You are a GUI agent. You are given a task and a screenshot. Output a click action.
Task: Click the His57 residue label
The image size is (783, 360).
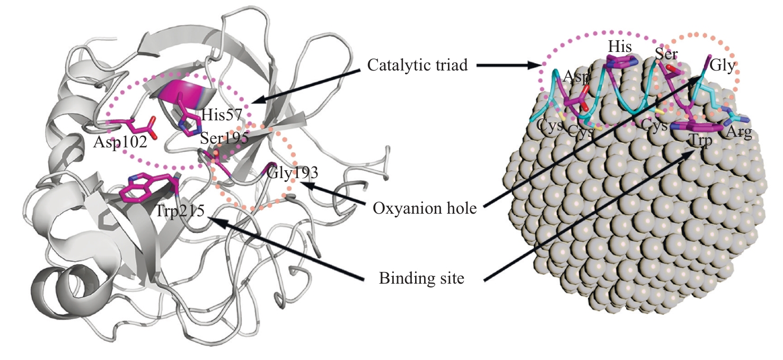coord(222,115)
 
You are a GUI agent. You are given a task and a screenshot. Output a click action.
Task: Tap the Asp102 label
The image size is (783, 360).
coord(120,142)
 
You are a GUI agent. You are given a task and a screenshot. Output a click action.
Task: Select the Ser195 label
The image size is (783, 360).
coord(224,138)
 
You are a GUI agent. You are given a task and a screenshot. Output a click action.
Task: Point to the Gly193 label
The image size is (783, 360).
coord(292,172)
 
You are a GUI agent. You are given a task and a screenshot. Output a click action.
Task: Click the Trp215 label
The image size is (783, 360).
coord(180,211)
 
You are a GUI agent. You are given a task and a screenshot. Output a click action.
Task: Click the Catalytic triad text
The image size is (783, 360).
coord(417,65)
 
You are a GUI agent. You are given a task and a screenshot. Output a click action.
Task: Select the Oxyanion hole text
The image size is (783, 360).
coord(425,209)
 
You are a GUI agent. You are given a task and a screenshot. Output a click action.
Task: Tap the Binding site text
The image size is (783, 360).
coord(421,278)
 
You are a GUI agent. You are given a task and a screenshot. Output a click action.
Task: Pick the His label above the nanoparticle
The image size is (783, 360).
coord(620,47)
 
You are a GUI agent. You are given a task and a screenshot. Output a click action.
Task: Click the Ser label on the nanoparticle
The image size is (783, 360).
coord(666,54)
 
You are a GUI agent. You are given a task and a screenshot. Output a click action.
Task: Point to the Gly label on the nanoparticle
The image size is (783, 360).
coord(723,65)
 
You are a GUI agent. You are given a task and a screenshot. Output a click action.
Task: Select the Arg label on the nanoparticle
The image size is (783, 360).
coord(738,132)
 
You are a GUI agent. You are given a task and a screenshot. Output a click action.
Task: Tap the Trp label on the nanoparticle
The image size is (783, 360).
coord(700,140)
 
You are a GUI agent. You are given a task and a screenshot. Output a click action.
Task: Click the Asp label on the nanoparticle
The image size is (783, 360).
coord(576,76)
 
